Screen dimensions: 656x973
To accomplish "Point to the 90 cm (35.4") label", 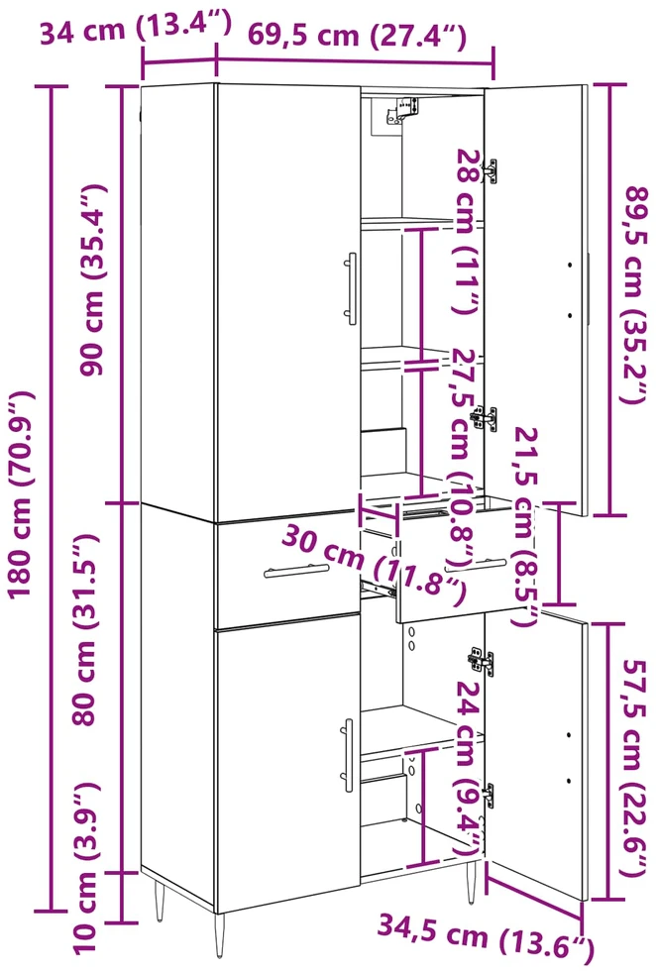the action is coord(93,279).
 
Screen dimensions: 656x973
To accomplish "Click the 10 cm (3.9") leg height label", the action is coord(84,868).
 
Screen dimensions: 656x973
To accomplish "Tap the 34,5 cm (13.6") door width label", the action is coord(486,936).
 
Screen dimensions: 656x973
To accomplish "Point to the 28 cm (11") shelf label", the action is coord(468,231).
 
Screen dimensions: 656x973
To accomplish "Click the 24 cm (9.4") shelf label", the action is coord(470,767).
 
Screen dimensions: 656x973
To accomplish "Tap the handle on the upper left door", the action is coord(351,288).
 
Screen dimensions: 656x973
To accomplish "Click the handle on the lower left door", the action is coord(348,755).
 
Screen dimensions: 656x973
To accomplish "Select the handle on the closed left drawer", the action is coord(297,570).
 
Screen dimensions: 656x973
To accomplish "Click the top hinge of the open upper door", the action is coord(491,171).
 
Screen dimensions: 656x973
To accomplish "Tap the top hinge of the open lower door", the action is coord(482,662).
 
